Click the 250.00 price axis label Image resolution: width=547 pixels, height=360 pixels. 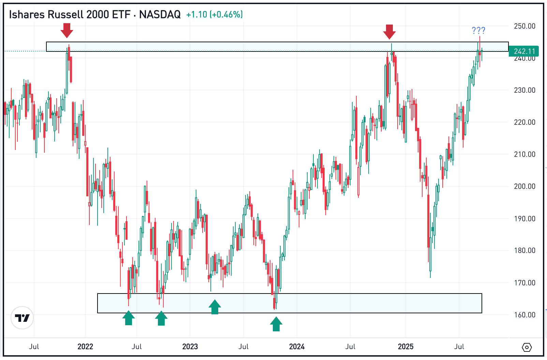pos(524,26)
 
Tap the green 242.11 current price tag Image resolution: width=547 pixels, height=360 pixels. pos(524,51)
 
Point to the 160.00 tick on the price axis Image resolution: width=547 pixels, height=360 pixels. pos(524,315)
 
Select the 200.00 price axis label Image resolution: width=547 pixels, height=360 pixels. pos(524,186)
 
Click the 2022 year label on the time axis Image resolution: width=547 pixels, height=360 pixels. pos(85,347)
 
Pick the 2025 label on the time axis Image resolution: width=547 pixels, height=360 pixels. pos(405,347)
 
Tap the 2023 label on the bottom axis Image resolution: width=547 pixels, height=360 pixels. pos(190,347)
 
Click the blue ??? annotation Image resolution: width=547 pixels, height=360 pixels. pos(478,30)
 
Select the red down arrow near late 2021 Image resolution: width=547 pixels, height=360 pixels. pos(67,30)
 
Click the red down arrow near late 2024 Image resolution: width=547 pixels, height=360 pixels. pos(389,32)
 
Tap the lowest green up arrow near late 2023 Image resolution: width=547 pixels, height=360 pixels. pos(276,324)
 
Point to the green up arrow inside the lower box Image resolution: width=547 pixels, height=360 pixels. pos(215,307)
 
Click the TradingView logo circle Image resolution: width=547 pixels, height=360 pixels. pos(22,318)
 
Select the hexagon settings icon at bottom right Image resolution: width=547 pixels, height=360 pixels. pos(527,347)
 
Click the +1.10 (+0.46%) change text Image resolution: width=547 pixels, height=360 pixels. pos(214,14)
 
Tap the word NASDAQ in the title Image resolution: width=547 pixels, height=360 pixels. pos(160,14)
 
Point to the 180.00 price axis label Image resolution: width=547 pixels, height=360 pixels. pos(524,250)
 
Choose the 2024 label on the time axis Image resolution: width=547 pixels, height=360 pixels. pos(297,347)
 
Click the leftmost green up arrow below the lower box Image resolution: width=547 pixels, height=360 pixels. pos(129,318)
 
